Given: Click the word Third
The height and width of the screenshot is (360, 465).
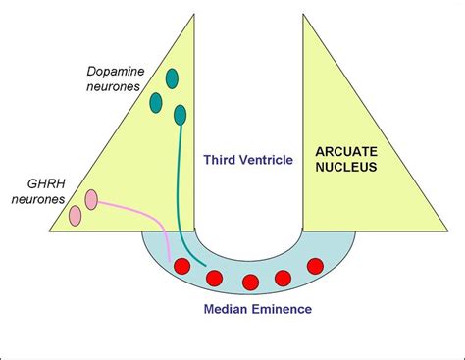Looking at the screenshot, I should pos(221,158).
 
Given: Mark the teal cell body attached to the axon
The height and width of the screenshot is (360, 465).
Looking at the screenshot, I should pos(180,116).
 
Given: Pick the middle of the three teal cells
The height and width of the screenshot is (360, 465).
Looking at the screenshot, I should pos(156,100).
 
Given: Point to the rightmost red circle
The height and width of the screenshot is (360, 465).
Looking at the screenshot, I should pos(315,266).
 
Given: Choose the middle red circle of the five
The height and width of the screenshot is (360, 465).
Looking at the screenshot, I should pos(250,283).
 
